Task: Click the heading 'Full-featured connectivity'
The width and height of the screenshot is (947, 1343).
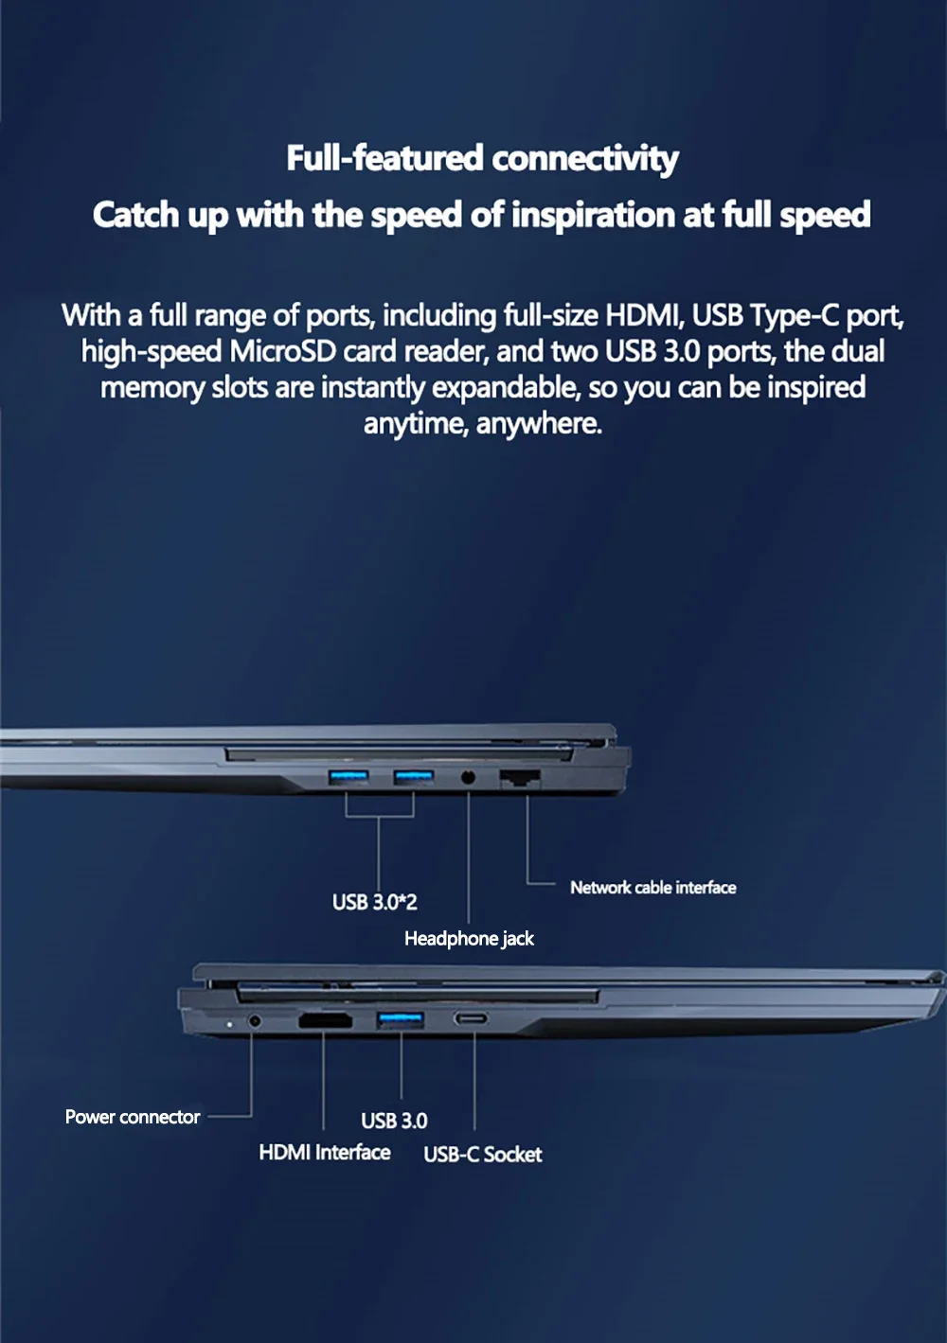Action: (x=482, y=159)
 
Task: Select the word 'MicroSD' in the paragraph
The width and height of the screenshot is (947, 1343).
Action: (x=282, y=351)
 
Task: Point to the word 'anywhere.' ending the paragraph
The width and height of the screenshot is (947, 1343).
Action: (x=539, y=424)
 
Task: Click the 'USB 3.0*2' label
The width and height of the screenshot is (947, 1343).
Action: (x=374, y=902)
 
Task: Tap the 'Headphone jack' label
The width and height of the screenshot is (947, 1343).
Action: (x=469, y=939)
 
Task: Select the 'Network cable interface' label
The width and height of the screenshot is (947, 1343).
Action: (x=653, y=888)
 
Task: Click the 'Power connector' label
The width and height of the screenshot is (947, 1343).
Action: (x=133, y=1117)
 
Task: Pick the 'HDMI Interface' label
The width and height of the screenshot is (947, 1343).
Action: (x=325, y=1153)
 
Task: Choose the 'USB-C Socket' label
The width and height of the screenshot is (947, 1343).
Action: (x=483, y=1154)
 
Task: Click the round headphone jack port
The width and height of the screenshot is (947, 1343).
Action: (x=469, y=778)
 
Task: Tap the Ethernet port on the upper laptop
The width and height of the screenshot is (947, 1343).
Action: (x=520, y=778)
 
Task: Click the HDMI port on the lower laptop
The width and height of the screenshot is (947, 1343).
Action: (x=325, y=1020)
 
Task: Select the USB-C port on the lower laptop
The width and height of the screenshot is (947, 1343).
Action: (x=471, y=1018)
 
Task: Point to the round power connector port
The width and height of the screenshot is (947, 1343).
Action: (x=255, y=1020)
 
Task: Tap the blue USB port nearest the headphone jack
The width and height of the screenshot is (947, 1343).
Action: (x=414, y=778)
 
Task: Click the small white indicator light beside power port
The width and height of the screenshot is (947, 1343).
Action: (x=230, y=1024)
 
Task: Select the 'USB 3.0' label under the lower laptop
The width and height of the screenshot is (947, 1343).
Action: (x=394, y=1121)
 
